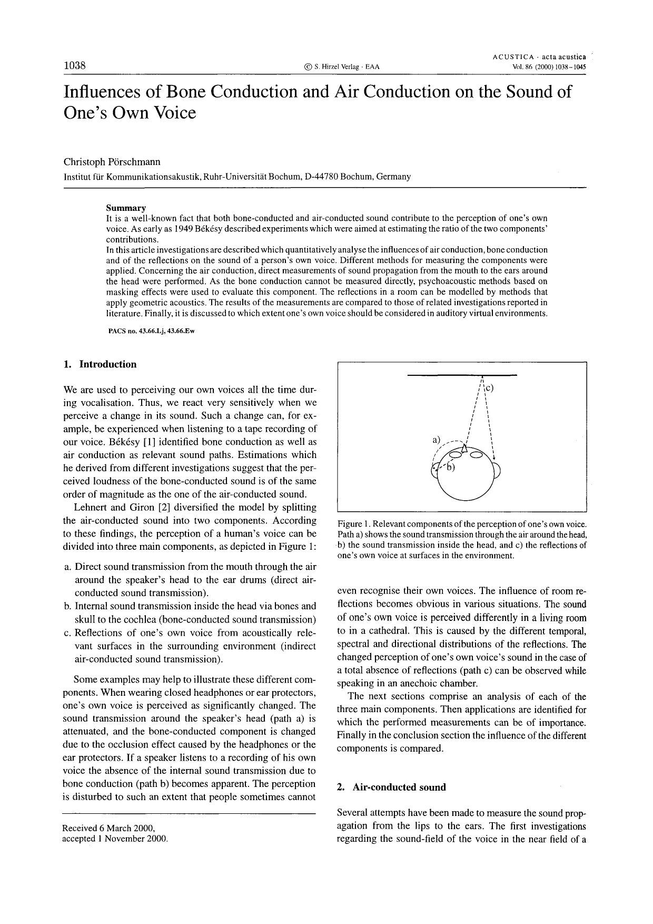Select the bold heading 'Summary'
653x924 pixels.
[x=126, y=208]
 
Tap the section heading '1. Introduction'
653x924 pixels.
[x=100, y=364]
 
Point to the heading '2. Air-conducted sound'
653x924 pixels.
[x=391, y=787]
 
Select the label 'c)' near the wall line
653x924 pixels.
[x=489, y=388]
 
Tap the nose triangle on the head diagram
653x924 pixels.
[x=465, y=448]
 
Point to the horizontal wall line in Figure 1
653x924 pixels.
[x=463, y=375]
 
